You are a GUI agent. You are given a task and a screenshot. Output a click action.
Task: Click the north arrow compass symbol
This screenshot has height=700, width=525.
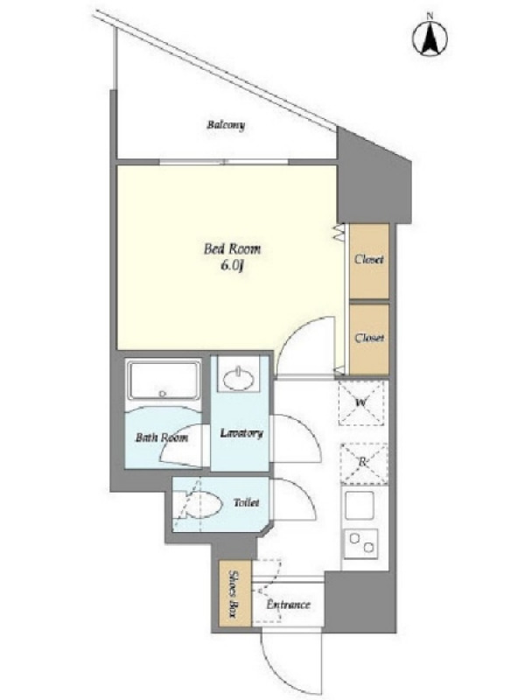(x=430, y=38)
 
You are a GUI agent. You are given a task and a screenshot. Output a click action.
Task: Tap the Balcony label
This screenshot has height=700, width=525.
(x=226, y=125)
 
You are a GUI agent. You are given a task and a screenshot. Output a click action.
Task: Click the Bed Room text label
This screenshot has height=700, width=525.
(x=232, y=248)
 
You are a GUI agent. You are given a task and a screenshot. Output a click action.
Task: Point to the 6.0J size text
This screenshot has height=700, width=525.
(x=232, y=267)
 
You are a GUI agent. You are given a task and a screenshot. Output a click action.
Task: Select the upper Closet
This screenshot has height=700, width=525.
(x=369, y=261)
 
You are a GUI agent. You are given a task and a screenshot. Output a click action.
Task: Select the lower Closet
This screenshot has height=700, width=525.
(x=369, y=339)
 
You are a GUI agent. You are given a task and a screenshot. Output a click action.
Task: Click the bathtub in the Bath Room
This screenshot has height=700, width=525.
(x=164, y=380)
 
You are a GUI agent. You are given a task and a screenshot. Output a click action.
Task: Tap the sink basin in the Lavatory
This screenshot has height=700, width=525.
(x=239, y=380)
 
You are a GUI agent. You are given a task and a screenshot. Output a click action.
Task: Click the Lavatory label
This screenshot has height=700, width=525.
(x=241, y=433)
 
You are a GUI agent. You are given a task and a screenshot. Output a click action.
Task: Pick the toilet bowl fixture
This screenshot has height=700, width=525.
(x=198, y=505)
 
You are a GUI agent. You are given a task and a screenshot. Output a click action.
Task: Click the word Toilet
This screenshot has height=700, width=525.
(x=247, y=502)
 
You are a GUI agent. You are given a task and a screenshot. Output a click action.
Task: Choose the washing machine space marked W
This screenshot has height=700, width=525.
(x=361, y=403)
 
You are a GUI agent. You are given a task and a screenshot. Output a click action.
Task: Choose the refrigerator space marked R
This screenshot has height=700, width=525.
(x=364, y=464)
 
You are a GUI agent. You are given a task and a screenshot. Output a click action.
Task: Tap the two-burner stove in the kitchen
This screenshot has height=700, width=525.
(x=360, y=543)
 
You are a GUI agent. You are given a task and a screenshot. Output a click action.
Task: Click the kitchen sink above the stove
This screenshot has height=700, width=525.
(x=360, y=506)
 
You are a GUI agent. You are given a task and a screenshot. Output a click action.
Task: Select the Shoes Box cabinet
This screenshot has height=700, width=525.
(x=235, y=593)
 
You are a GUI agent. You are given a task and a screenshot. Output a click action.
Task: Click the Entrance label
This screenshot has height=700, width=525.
(x=289, y=605)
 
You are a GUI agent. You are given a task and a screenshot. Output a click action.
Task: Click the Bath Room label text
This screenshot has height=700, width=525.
(x=162, y=437)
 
